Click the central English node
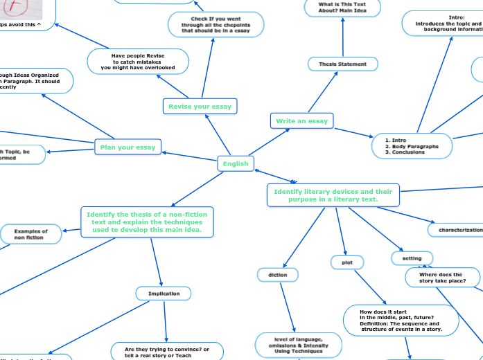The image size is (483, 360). pyautogui.click(x=235, y=163)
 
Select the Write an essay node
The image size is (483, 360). pyautogui.click(x=301, y=121)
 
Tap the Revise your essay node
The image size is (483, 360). pyautogui.click(x=200, y=106)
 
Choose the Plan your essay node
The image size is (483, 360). pyautogui.click(x=128, y=147)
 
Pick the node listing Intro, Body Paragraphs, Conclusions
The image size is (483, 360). pyautogui.click(x=411, y=146)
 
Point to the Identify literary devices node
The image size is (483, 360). pyautogui.click(x=333, y=195)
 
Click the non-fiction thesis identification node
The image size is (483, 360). pyautogui.click(x=146, y=222)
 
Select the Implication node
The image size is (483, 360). pyautogui.click(x=164, y=294)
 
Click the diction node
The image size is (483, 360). pyautogui.click(x=277, y=275)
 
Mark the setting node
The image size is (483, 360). pyautogui.click(x=412, y=258)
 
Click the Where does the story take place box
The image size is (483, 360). pyautogui.click(x=440, y=278)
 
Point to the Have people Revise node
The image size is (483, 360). pyautogui.click(x=138, y=61)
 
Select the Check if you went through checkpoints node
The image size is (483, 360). pyautogui.click(x=216, y=24)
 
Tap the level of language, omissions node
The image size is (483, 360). pyautogui.click(x=292, y=345)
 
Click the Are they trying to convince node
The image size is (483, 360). pyautogui.click(x=167, y=352)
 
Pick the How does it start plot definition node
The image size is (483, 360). pyautogui.click(x=401, y=321)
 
